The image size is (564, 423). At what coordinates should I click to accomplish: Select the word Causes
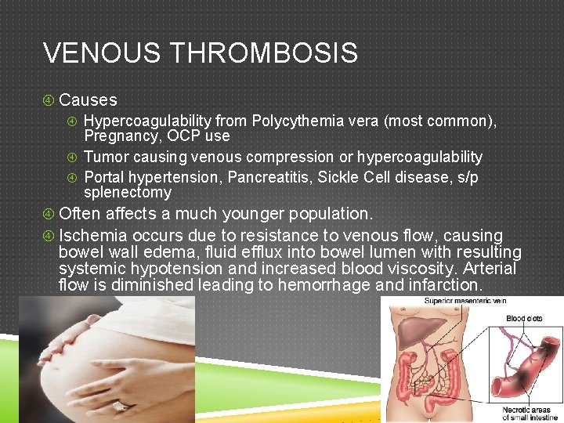click(x=88, y=100)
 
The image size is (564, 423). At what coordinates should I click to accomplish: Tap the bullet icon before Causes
click(x=49, y=100)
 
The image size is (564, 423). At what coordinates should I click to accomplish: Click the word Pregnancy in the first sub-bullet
click(x=117, y=136)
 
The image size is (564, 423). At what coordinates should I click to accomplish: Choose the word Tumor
click(x=104, y=157)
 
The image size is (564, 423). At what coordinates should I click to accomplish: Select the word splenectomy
click(x=127, y=192)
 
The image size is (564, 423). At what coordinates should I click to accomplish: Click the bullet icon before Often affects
click(x=49, y=214)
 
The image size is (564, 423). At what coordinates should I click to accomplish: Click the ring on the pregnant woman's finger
click(x=121, y=407)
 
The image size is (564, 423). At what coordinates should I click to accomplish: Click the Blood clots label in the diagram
click(x=524, y=319)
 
